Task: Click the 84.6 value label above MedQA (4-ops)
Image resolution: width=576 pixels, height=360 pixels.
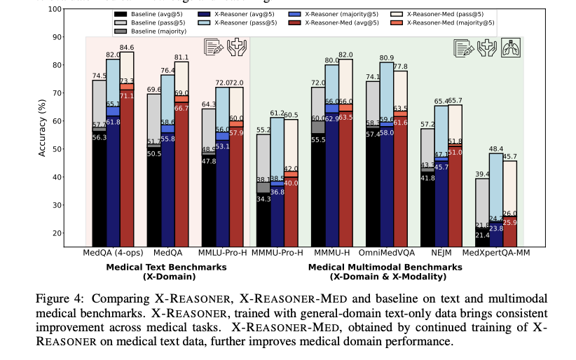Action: pyautogui.click(x=127, y=48)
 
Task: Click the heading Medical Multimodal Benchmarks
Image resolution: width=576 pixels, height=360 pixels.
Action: pyautogui.click(x=385, y=267)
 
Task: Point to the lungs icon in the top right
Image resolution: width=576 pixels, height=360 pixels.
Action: pyautogui.click(x=510, y=48)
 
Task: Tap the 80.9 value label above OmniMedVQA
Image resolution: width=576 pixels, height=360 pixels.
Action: pyautogui.click(x=386, y=58)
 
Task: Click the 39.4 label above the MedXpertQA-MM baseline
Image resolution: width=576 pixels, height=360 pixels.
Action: pyautogui.click(x=483, y=174)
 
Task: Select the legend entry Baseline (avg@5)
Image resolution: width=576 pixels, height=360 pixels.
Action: pyautogui.click(x=157, y=14)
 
